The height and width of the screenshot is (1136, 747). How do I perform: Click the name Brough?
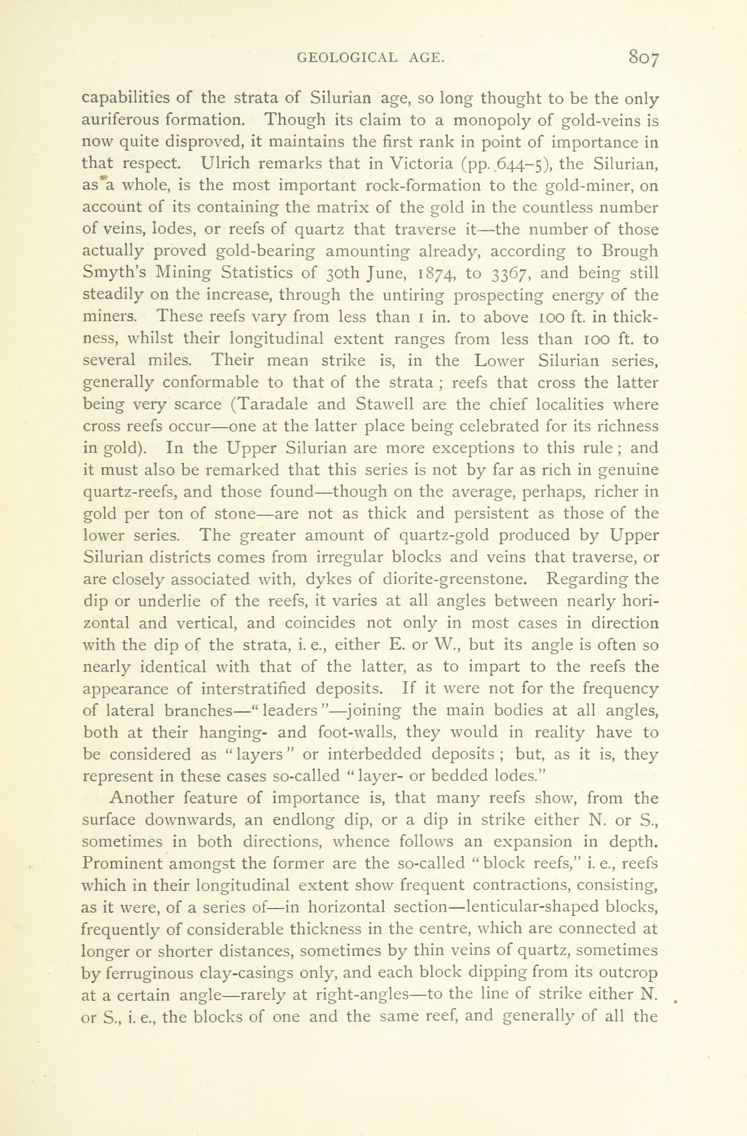(630, 251)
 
